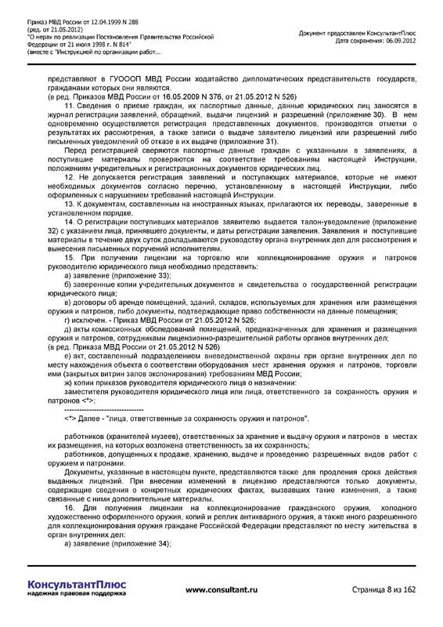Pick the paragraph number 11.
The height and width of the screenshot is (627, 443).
(x=69, y=104)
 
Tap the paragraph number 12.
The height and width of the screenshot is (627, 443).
(x=69, y=177)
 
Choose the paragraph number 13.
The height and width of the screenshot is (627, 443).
(x=69, y=203)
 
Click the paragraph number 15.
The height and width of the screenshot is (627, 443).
(x=69, y=256)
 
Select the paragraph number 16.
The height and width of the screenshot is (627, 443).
(x=69, y=508)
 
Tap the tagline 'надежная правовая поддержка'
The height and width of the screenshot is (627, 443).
(x=76, y=593)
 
